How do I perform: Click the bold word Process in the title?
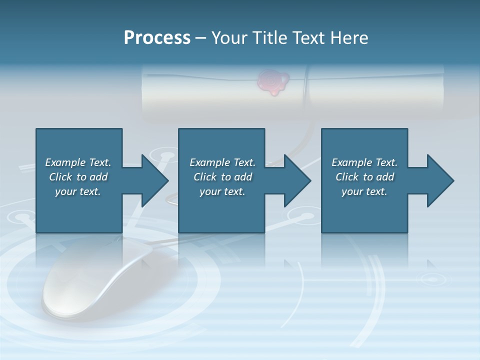pos(157,38)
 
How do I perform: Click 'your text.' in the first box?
pos(78,191)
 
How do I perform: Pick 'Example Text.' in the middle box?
pos(222,162)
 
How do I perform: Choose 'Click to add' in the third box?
pos(365,177)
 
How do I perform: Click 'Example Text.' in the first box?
pos(78,162)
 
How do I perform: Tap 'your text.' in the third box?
pos(364,191)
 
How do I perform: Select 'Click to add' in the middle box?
pos(222,177)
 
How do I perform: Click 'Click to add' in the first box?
pos(78,177)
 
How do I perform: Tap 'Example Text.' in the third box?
pos(364,162)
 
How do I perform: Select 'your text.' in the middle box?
pos(222,191)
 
